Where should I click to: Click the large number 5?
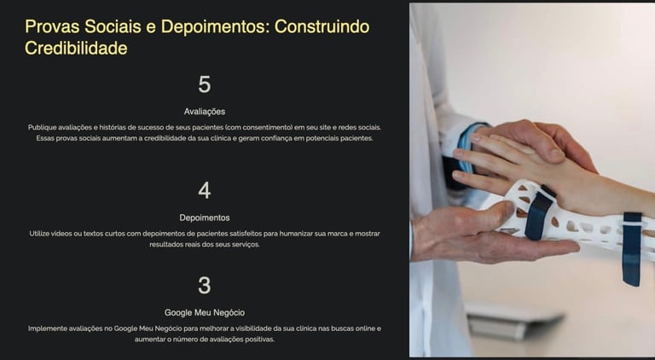(205, 84)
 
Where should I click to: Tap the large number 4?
(205, 190)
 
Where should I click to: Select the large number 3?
(205, 285)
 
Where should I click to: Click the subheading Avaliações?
(205, 112)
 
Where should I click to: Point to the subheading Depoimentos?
(205, 218)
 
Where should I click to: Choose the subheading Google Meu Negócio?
(205, 312)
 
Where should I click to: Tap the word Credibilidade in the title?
(76, 48)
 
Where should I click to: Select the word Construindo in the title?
(322, 26)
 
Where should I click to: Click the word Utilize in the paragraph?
(39, 234)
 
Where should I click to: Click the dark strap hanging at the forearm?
(631, 249)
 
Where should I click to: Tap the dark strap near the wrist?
(539, 213)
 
